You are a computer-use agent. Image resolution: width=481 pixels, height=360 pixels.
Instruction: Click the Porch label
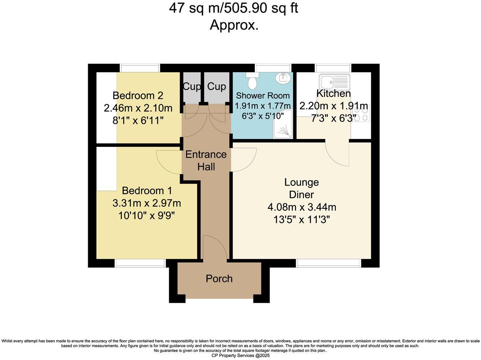point(219,279)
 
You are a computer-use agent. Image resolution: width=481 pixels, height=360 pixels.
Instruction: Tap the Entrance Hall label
point(206,161)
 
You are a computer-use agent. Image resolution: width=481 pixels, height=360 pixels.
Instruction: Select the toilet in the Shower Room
point(252,82)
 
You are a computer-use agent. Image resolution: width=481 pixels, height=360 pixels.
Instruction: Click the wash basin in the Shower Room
point(283,77)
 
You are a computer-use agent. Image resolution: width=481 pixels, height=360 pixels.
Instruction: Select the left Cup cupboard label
point(192,86)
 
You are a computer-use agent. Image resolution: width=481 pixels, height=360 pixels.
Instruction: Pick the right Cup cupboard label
point(216,86)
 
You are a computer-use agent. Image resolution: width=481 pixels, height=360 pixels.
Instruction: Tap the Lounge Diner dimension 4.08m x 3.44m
point(302,207)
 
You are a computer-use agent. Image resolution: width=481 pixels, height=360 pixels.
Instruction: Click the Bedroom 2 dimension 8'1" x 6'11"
point(138,120)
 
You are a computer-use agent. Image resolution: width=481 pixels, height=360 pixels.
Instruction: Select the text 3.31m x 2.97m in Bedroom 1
point(147,203)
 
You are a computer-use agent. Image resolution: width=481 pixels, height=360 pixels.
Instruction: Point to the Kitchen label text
point(333,94)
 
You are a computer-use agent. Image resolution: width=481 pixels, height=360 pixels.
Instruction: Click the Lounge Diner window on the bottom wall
point(328,264)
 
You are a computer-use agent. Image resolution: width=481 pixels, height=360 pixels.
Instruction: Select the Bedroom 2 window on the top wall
point(140,68)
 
